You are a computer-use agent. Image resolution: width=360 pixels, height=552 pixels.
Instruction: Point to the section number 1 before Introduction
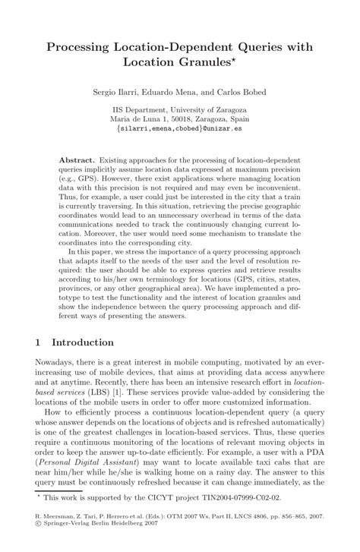coord(38,342)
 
